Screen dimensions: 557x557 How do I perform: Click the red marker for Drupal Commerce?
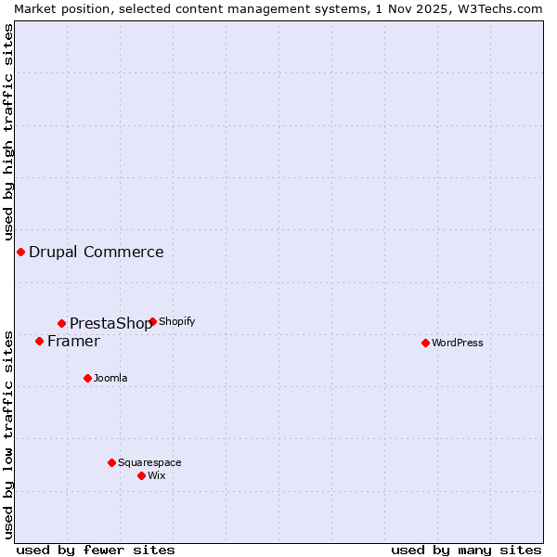[20, 252]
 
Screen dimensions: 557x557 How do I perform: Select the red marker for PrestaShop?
[62, 323]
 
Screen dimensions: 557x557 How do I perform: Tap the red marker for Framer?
[39, 341]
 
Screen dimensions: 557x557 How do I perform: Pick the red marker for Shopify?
[152, 321]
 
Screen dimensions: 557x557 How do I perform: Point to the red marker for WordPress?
[425, 343]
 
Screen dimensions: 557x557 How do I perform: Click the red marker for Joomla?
[87, 378]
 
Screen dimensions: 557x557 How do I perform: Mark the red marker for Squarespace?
[111, 462]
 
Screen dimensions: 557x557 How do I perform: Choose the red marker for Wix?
[141, 475]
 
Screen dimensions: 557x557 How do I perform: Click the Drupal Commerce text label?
[97, 252]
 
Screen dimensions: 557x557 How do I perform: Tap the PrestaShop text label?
[110, 323]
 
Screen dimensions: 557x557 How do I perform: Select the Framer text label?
[73, 341]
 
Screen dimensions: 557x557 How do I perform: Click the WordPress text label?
[458, 343]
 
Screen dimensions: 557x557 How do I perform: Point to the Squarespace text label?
[149, 462]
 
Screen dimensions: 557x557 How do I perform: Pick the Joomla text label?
[110, 378]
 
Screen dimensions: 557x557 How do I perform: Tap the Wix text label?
[156, 475]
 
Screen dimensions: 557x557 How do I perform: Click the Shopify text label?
[176, 321]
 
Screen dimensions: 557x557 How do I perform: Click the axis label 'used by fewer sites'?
[96, 550]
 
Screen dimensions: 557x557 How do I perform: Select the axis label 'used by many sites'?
[466, 550]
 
